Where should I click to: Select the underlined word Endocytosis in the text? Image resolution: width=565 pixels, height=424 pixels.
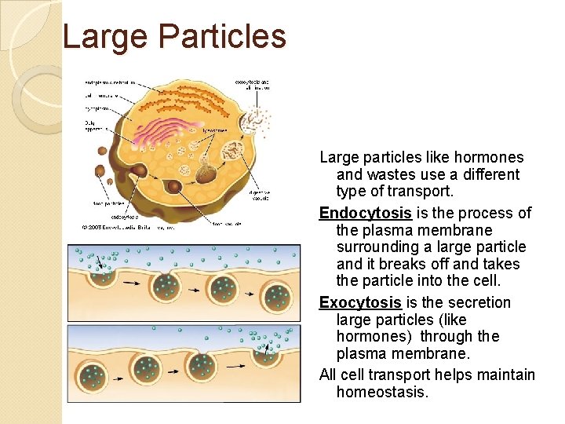click(365, 214)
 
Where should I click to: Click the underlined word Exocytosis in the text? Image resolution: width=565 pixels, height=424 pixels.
click(360, 303)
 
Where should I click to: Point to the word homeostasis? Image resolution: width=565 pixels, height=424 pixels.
click(382, 392)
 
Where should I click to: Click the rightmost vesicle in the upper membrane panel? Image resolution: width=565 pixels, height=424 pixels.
click(278, 296)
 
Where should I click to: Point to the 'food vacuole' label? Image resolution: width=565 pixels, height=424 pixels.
click(226, 222)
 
